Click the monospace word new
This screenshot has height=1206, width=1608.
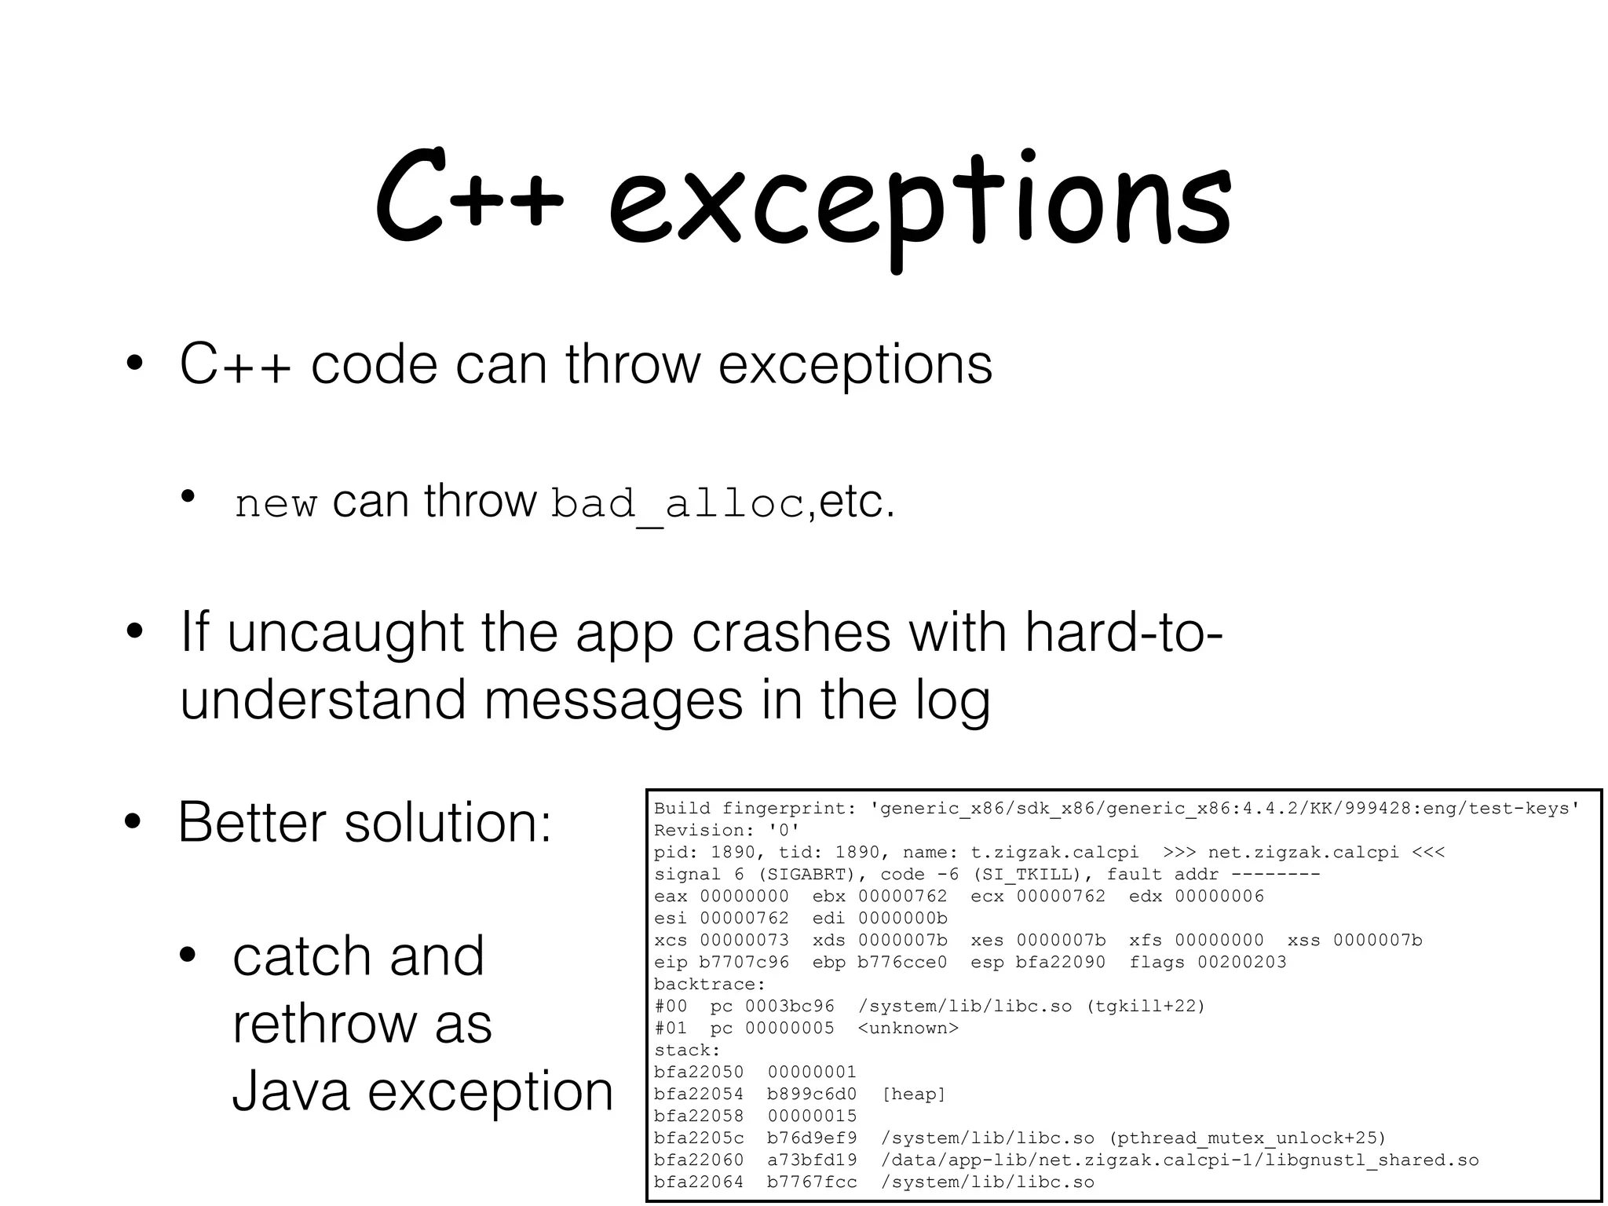pyautogui.click(x=276, y=503)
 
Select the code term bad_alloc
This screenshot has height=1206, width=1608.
pyautogui.click(x=678, y=503)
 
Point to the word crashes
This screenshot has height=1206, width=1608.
pyautogui.click(x=791, y=633)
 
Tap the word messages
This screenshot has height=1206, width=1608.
pyautogui.click(x=613, y=700)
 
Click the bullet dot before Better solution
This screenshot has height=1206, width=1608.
pyautogui.click(x=133, y=823)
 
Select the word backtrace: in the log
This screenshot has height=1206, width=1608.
pyautogui.click(x=709, y=985)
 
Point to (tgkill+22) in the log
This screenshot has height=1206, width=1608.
pyautogui.click(x=1146, y=1007)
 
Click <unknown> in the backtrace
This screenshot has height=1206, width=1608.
pyautogui.click(x=908, y=1029)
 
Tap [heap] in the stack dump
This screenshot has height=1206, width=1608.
pyautogui.click(x=913, y=1095)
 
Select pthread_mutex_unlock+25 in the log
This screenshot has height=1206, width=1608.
pyautogui.click(x=1248, y=1138)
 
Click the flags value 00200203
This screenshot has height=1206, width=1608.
pyautogui.click(x=1241, y=963)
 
